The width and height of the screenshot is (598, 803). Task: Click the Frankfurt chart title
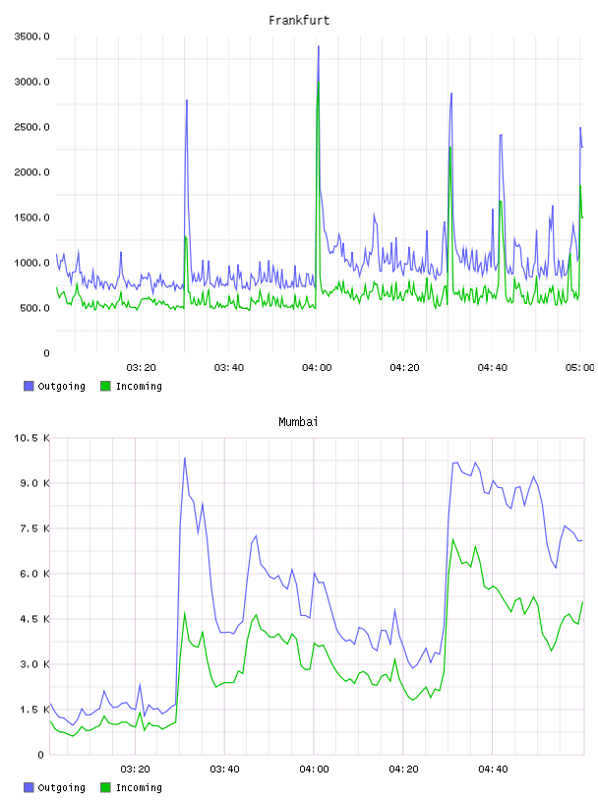click(299, 20)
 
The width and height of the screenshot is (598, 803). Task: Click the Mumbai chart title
click(298, 421)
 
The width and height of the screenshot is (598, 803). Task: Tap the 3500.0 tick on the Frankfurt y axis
click(31, 36)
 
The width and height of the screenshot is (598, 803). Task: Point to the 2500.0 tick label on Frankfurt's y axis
click(31, 127)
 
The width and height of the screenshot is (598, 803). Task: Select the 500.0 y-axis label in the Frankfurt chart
click(34, 308)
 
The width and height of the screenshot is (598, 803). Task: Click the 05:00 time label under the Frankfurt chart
click(580, 367)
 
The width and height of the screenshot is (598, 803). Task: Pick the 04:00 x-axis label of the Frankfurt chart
click(317, 367)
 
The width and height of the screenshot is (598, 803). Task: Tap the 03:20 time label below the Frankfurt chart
click(142, 367)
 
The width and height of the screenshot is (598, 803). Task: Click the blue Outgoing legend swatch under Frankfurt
click(29, 386)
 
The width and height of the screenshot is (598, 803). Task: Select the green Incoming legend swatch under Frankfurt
click(105, 386)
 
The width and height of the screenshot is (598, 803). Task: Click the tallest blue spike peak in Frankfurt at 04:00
click(319, 46)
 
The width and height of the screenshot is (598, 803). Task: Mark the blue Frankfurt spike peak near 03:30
click(187, 100)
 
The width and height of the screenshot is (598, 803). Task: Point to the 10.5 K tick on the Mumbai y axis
click(31, 438)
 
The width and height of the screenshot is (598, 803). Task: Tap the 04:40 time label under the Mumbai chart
click(493, 769)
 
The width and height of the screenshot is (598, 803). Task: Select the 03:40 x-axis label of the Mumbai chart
click(225, 769)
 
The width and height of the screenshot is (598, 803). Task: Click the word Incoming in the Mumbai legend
click(139, 787)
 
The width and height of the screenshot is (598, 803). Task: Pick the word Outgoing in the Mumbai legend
click(61, 787)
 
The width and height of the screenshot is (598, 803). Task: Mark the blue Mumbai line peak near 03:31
click(185, 459)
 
